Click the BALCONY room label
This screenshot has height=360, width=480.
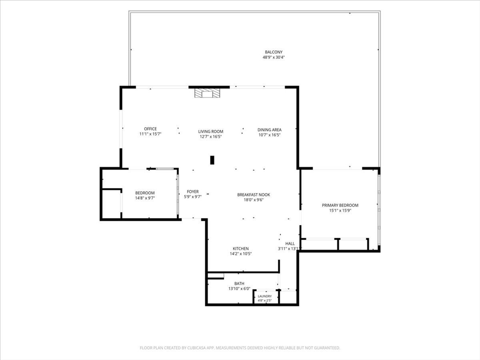[x=274, y=52]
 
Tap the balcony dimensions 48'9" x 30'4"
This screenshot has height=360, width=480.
[x=274, y=57]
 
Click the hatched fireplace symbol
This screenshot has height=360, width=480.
[x=208, y=93]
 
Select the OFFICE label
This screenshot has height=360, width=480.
[x=150, y=129]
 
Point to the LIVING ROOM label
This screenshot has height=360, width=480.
[x=210, y=132]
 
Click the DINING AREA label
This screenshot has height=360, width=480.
[x=270, y=130]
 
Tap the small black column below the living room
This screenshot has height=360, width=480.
[x=212, y=160]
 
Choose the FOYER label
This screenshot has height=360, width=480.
[x=193, y=192]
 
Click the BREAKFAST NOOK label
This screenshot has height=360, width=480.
[x=254, y=195]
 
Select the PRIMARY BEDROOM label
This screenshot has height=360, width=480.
[x=340, y=205]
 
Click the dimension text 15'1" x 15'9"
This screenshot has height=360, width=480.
[x=340, y=210]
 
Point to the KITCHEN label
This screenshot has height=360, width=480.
[x=240, y=248]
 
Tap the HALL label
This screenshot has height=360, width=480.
[x=290, y=244]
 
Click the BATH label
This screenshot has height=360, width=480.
[x=240, y=284]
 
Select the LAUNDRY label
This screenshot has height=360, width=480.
[x=265, y=296]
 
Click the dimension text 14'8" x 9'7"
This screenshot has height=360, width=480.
[x=145, y=198]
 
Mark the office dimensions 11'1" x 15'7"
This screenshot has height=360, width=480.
[x=150, y=134]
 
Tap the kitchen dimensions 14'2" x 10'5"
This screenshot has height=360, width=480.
[x=240, y=254]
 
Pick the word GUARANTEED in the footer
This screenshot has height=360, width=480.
[x=327, y=348]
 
